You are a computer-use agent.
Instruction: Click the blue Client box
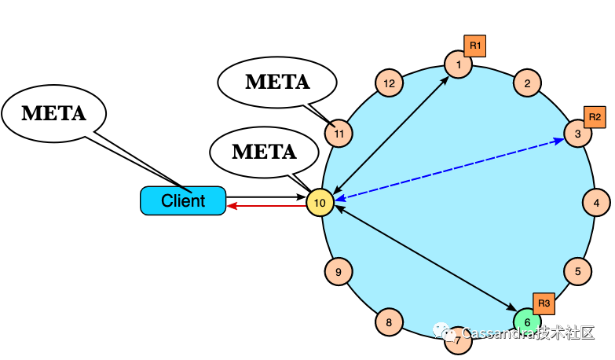point(183,200)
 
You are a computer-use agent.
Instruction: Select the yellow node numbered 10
point(320,203)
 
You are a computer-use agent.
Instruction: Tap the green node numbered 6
point(527,322)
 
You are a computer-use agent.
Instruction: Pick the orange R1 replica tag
point(475,46)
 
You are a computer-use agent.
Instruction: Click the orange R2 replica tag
point(595,117)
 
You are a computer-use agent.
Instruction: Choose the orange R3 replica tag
point(544,303)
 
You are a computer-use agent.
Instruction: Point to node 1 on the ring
point(458,64)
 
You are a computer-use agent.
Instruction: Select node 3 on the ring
point(578,134)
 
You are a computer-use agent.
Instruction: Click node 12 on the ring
point(389,83)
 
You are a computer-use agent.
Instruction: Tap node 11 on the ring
point(339,134)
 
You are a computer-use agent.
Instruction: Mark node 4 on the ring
point(597,203)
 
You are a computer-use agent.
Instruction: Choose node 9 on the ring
point(339,272)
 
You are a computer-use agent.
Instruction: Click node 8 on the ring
point(389,322)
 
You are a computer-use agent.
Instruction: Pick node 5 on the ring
point(578,271)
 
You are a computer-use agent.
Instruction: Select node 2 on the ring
point(527,83)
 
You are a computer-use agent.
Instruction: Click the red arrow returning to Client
point(266,206)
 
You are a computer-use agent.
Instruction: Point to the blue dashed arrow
point(449,168)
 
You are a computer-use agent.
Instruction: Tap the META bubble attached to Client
point(53,113)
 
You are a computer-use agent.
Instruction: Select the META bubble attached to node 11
point(277,82)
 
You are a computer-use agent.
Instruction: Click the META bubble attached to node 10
point(265,152)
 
